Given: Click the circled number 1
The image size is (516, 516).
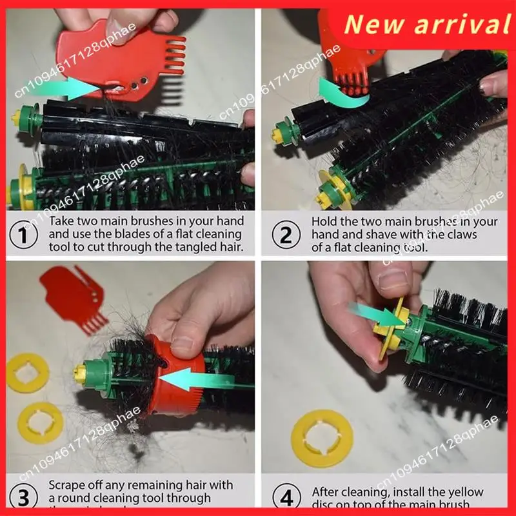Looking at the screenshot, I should click(25, 234).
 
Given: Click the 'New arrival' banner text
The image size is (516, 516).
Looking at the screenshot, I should click(426, 25).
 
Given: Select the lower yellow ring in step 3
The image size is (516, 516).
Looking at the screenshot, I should click(40, 423).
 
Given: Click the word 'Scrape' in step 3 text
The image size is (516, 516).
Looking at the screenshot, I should click(68, 485).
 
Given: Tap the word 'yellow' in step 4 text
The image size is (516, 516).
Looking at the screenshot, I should click(470, 491).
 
